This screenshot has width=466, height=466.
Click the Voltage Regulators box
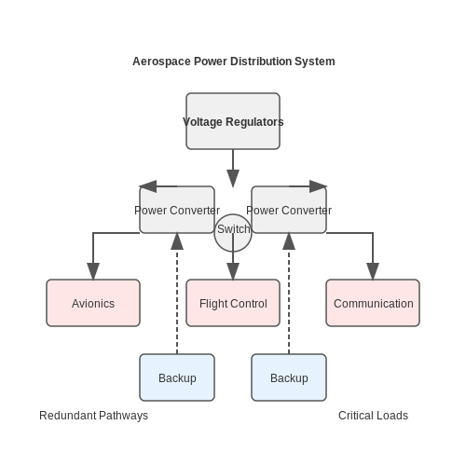point(233,121)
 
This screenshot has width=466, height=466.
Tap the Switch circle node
point(233,233)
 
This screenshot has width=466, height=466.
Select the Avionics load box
point(93,303)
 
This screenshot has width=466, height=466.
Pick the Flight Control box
point(233,303)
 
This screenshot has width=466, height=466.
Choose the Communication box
point(373,303)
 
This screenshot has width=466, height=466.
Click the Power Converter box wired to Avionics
point(177,210)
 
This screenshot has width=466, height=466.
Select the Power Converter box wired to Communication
point(289,210)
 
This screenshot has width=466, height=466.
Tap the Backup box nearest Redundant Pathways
point(177,377)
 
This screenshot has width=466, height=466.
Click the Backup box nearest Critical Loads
point(289,377)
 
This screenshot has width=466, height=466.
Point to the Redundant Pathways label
point(93,416)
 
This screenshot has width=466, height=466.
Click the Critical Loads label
point(373,416)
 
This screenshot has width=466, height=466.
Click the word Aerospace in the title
point(161,62)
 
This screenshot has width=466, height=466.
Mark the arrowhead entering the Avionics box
point(93,271)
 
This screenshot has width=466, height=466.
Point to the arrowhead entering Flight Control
point(233,271)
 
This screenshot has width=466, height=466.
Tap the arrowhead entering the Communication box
point(373,271)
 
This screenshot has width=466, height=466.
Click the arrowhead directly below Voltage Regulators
point(233,178)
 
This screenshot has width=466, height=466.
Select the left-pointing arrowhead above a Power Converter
point(148,186)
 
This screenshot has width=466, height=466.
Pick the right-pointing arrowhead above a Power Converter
point(318,186)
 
